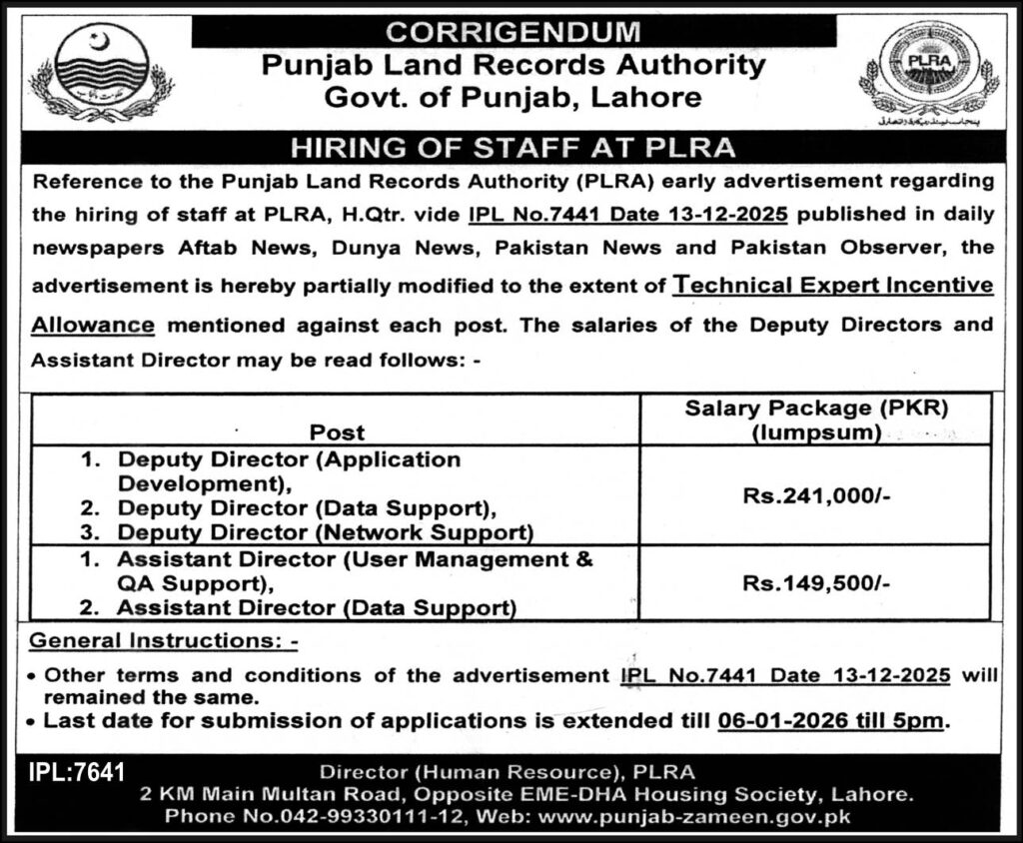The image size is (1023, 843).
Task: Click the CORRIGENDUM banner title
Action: (x=511, y=31)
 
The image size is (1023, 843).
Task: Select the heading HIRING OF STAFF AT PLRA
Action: (x=511, y=149)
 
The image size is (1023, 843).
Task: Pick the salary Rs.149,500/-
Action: (x=815, y=583)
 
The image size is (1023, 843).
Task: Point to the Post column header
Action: (x=337, y=432)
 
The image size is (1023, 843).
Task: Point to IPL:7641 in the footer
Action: (x=81, y=771)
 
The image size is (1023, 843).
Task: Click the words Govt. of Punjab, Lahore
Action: (x=511, y=98)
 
